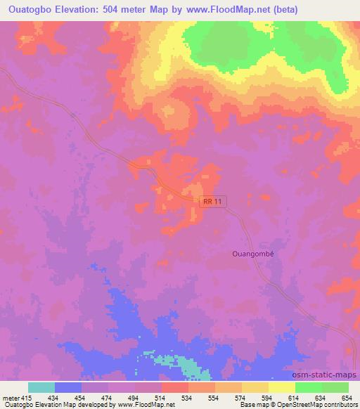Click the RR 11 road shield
[x=214, y=202]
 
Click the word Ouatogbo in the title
[x=30, y=10]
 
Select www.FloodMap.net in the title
[x=215, y=10]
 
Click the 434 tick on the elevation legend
[x=54, y=398]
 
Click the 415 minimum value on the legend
[x=25, y=398]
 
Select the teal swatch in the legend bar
[x=41, y=387]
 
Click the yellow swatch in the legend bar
[x=281, y=387]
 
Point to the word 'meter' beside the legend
[x=9, y=398]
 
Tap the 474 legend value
[x=108, y=398]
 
